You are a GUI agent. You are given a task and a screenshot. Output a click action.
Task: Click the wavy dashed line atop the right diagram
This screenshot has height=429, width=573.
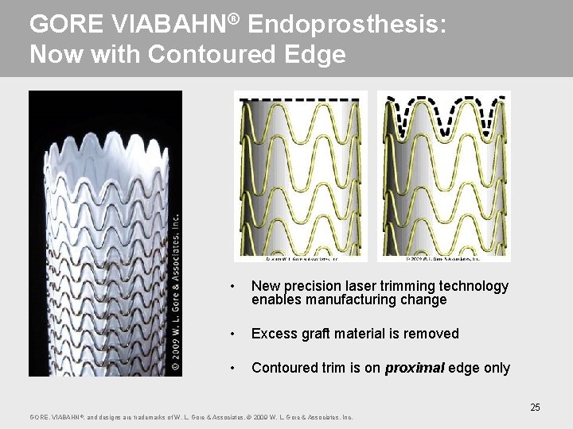tap(443, 111)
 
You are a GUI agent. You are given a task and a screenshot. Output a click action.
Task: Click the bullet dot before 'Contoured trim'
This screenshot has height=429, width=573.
tap(231, 368)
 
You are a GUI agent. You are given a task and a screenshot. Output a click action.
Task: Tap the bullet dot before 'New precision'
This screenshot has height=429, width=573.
tap(231, 286)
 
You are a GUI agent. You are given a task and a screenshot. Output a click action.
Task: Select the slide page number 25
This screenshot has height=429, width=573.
tap(535, 408)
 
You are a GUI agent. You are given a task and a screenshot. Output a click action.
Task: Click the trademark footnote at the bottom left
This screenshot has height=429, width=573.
tap(191, 417)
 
